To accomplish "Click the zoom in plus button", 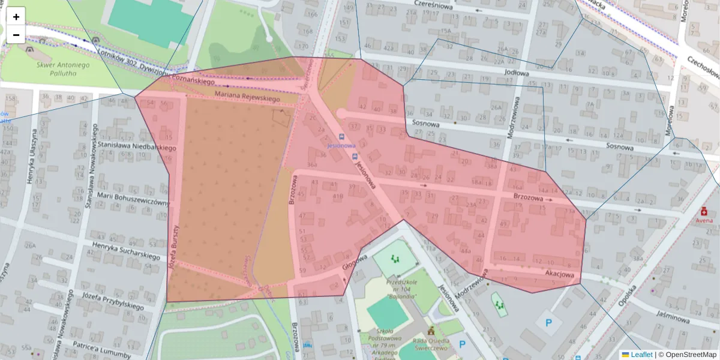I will pyautogui.click(x=16, y=17).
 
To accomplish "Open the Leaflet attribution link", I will pyautogui.click(x=641, y=355).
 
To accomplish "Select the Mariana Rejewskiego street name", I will pyautogui.click(x=247, y=99).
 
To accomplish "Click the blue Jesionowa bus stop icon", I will pyautogui.click(x=341, y=137).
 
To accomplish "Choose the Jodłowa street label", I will pyautogui.click(x=517, y=73).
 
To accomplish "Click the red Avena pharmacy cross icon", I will pyautogui.click(x=704, y=211).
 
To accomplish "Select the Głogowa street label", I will pyautogui.click(x=355, y=262).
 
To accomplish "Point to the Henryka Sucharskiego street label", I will pyautogui.click(x=126, y=251).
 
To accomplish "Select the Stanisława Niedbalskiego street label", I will pyautogui.click(x=137, y=146).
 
